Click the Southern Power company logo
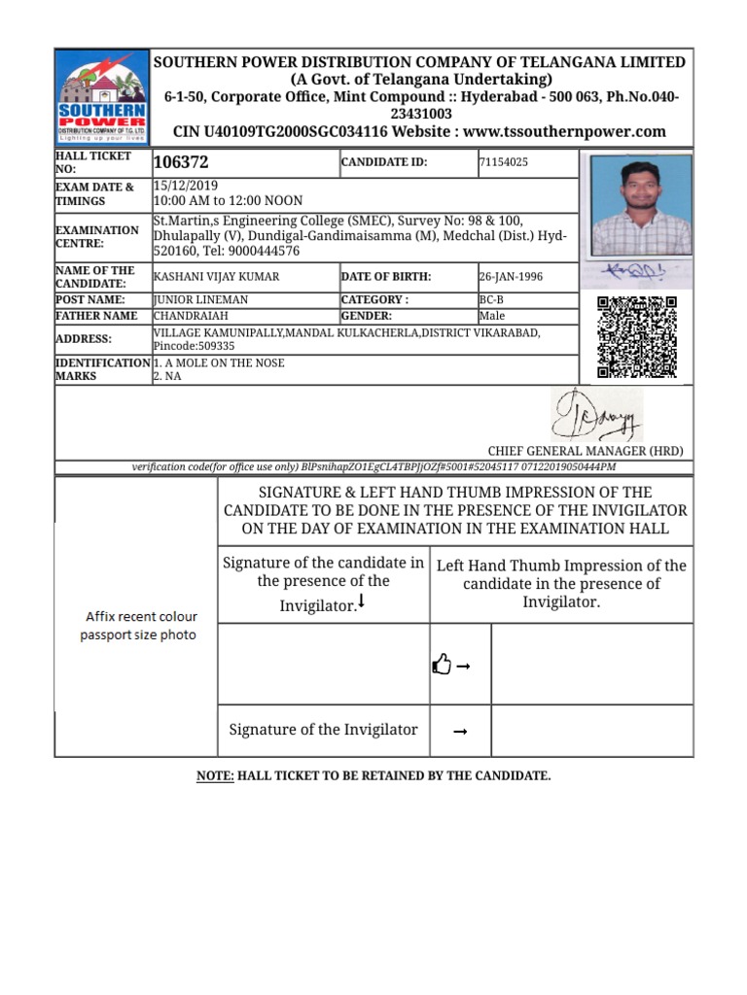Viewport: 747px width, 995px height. [x=101, y=97]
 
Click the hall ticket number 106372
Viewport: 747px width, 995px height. [x=181, y=163]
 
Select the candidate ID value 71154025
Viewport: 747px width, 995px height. [x=503, y=162]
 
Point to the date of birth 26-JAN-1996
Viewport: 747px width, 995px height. [x=511, y=277]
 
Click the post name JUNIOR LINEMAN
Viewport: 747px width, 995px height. [x=200, y=300]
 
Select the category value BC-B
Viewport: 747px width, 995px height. [x=491, y=300]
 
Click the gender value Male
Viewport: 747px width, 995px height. [x=493, y=316]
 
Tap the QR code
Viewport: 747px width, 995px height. [x=636, y=337]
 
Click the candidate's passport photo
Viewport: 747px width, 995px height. [x=636, y=206]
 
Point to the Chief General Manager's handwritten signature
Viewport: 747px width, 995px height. [x=597, y=415]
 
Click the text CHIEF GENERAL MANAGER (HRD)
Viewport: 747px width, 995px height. [x=586, y=451]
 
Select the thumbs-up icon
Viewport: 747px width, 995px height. [x=442, y=665]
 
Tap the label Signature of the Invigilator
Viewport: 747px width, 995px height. [x=323, y=730]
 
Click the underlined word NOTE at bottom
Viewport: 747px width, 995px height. [x=215, y=775]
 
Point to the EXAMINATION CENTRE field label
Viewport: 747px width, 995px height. [x=97, y=236]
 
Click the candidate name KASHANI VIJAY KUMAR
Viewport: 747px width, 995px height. [x=217, y=277]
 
